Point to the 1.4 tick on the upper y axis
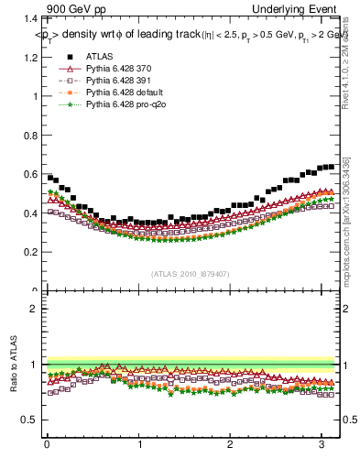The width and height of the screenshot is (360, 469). point(27,18)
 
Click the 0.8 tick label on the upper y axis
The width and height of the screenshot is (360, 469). point(27,135)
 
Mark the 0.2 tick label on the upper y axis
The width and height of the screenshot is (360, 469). point(27,252)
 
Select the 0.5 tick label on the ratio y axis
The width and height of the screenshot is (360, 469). point(27,420)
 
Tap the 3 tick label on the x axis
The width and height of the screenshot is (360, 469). point(322,445)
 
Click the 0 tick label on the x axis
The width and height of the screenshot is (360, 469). point(47,445)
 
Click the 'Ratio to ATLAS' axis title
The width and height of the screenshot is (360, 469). point(13,365)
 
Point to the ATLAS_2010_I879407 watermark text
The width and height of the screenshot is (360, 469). point(190,274)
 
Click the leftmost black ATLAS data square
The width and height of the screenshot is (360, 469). point(49,177)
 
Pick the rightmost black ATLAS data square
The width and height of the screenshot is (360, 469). point(332,167)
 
